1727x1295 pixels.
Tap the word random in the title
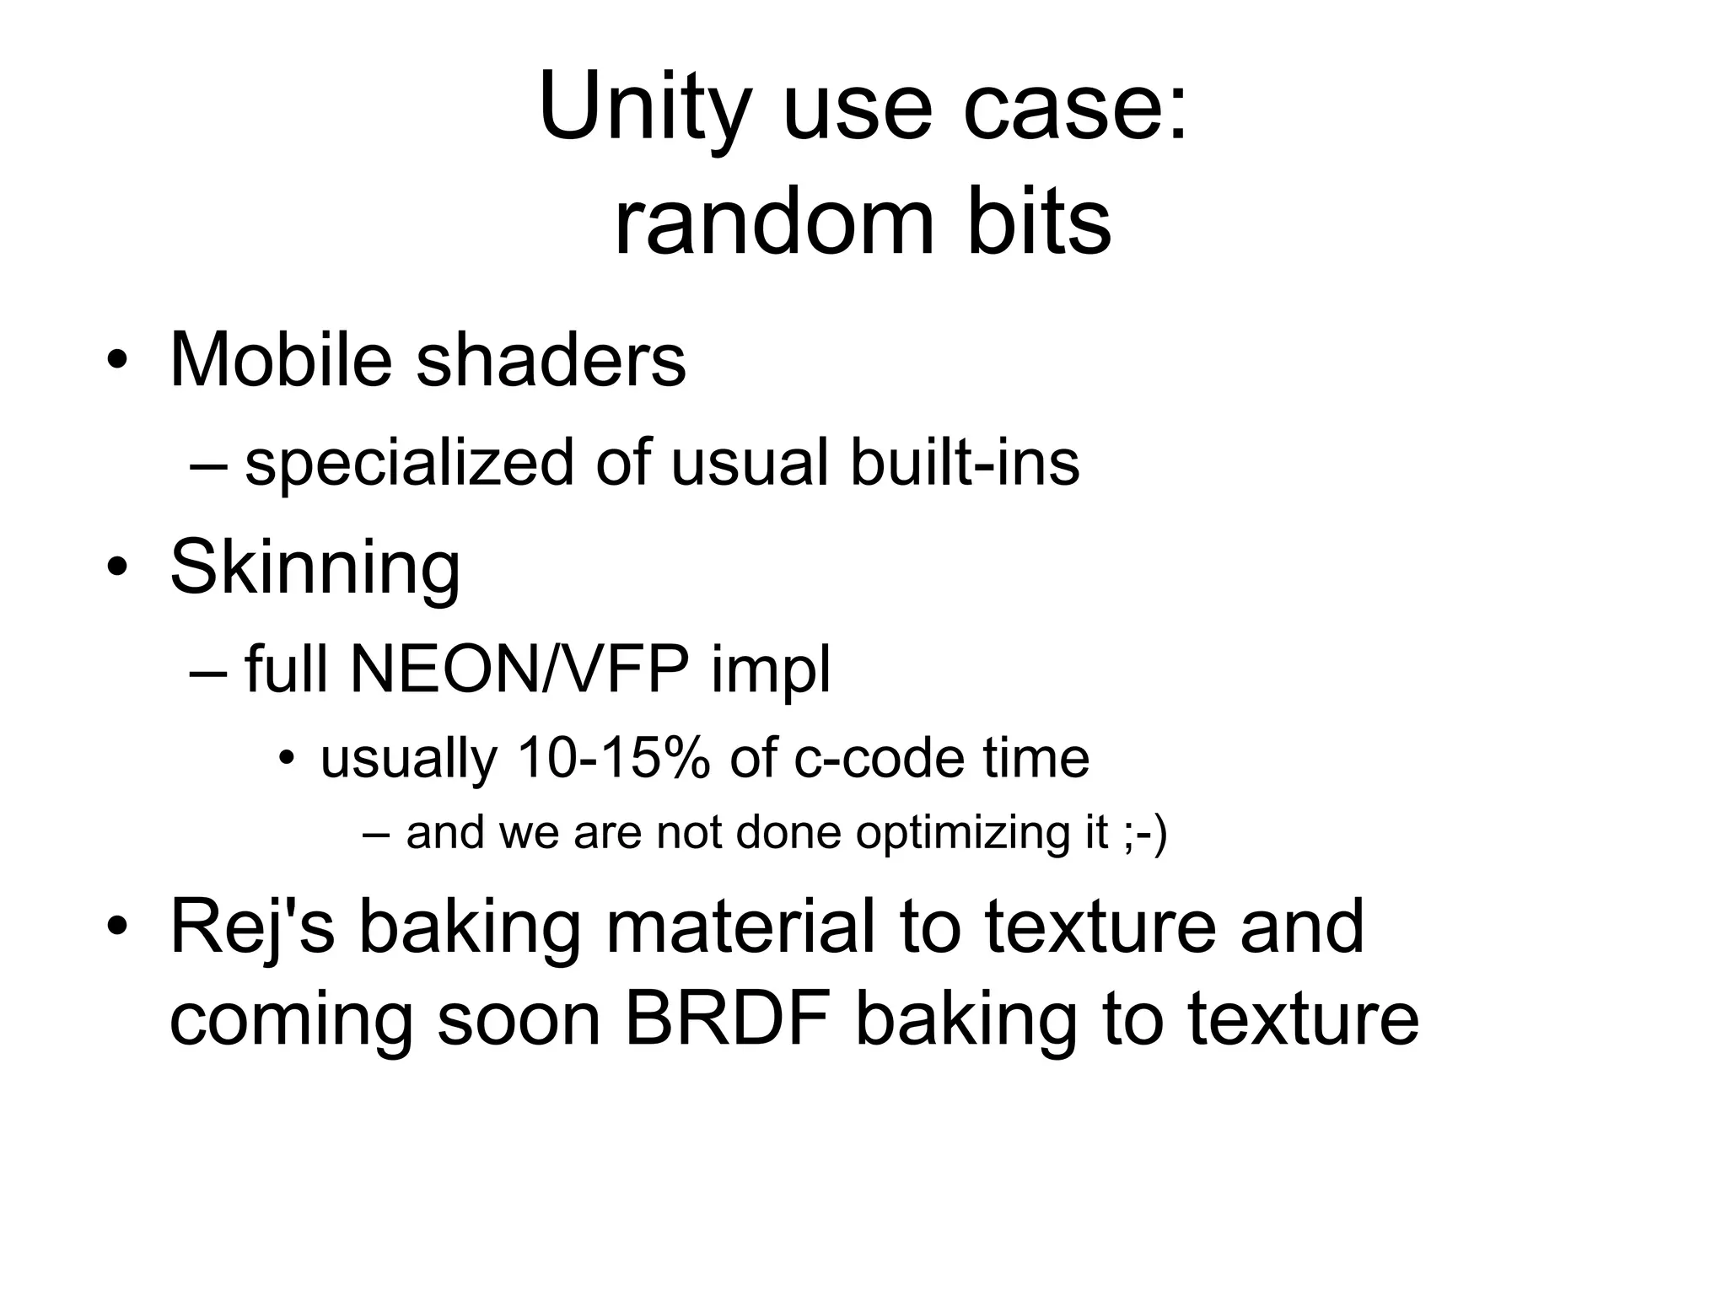tap(774, 224)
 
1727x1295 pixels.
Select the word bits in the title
tap(1039, 224)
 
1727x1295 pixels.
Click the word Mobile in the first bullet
tap(281, 360)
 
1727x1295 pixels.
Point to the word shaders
tap(551, 360)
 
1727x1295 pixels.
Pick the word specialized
tap(409, 464)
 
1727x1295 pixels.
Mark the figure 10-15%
tap(613, 758)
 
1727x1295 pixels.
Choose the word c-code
tap(880, 758)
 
